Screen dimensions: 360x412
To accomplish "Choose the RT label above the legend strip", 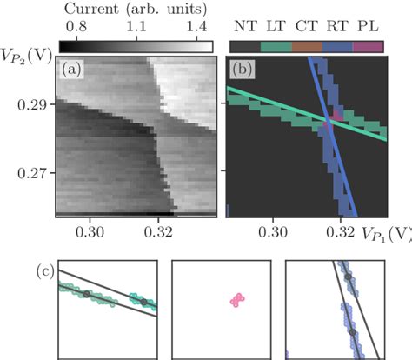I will (337, 27).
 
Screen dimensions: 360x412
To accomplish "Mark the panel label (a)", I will (70, 69).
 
